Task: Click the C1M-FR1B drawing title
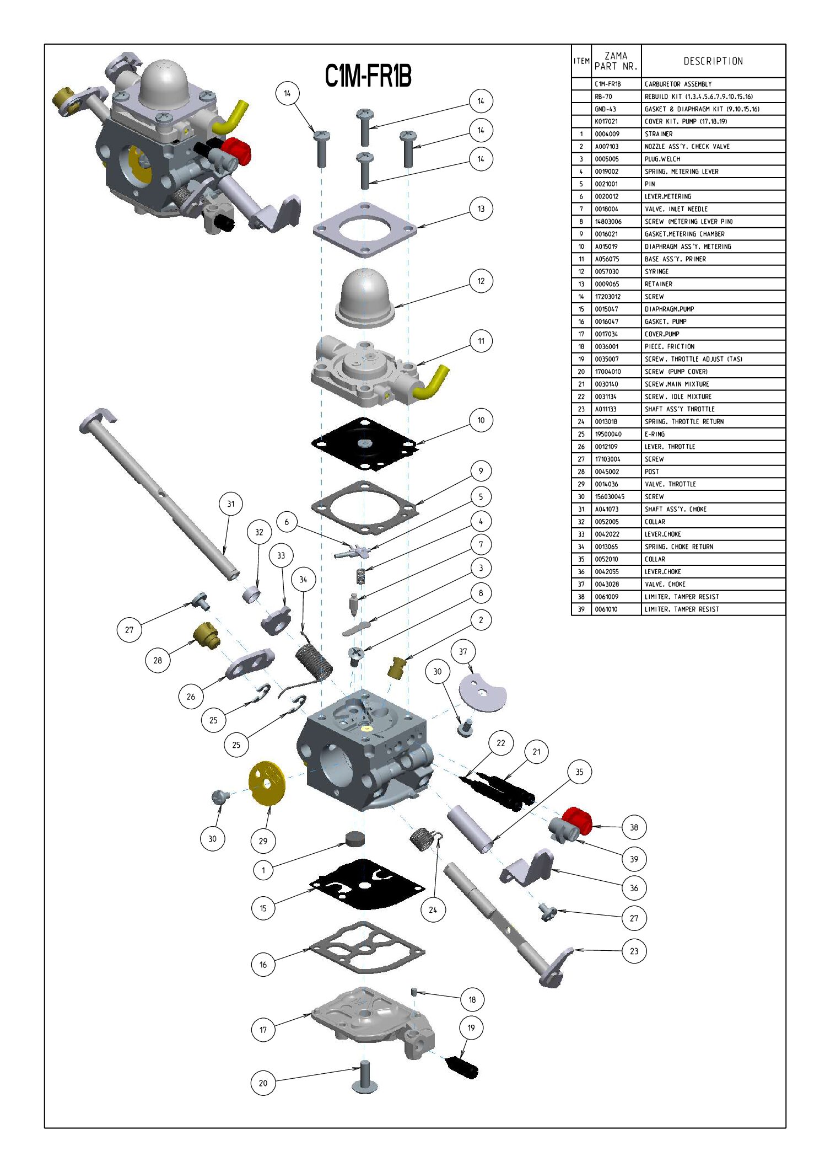(368, 76)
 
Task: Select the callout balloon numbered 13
(481, 208)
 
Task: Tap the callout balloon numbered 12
(481, 281)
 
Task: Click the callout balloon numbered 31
(230, 504)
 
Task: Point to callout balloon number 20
(263, 1083)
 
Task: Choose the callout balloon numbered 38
(634, 827)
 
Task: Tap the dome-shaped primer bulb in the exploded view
(365, 298)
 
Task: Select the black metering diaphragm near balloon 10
(365, 444)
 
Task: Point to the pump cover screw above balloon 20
(364, 1077)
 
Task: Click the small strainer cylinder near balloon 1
(355, 839)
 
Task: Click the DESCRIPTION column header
(713, 61)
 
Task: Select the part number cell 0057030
(606, 271)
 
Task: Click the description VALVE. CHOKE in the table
(665, 584)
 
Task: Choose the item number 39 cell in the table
(581, 609)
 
